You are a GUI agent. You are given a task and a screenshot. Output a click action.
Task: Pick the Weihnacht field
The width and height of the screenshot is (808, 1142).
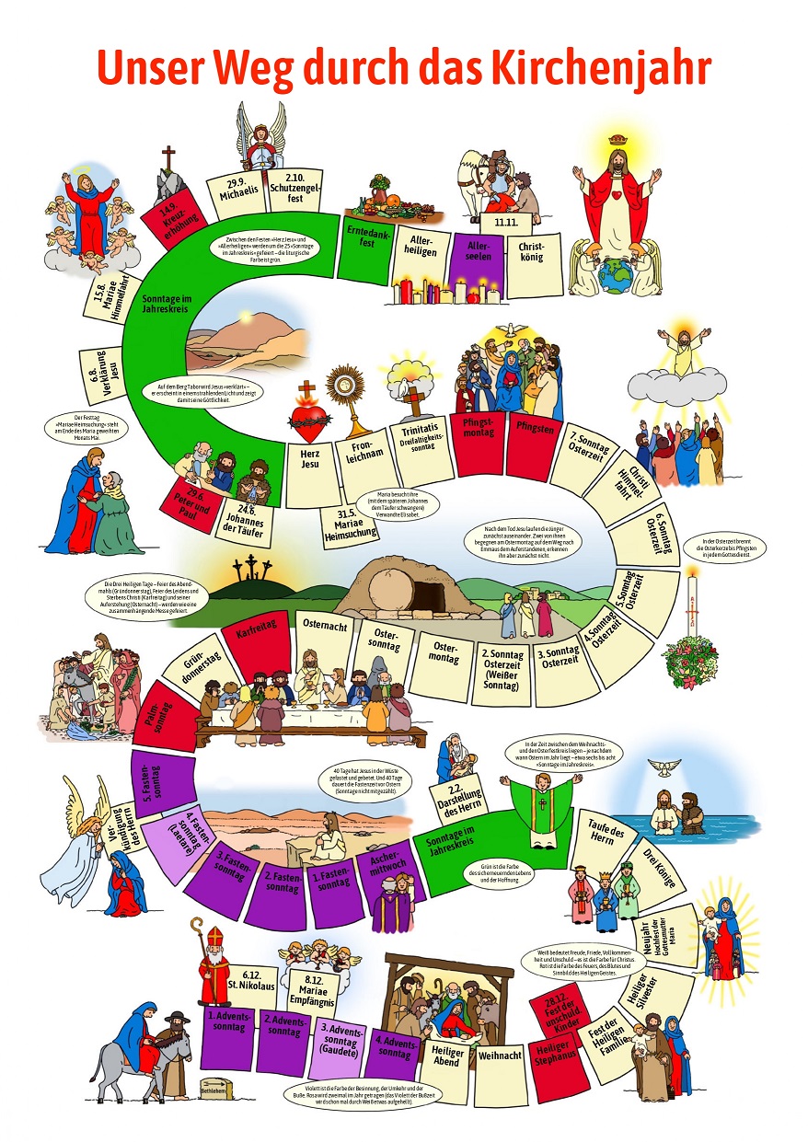[x=500, y=1055]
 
